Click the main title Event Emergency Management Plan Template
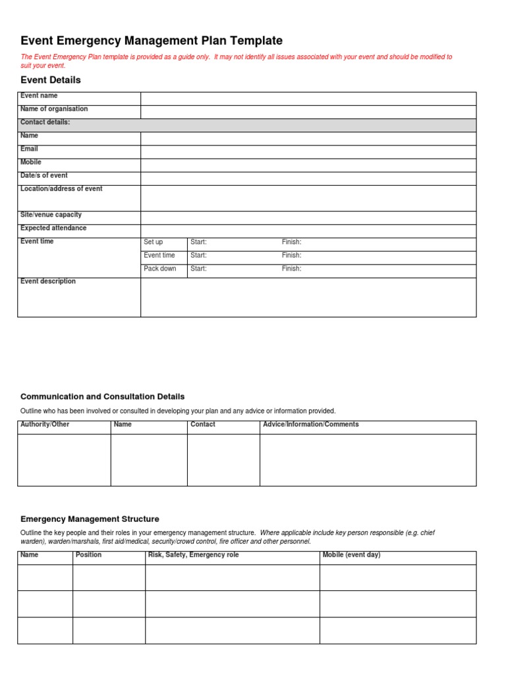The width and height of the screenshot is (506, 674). point(152,41)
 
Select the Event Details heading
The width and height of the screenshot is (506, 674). point(51,80)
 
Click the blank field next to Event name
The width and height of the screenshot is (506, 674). point(308,99)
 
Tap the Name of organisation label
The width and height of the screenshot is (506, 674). point(54,109)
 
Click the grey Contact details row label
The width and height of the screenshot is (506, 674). point(45,122)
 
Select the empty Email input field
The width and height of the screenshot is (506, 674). point(308,152)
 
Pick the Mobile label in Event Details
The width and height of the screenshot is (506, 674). point(31,162)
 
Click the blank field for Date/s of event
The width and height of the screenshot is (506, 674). point(308,178)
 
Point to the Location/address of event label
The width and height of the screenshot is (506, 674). point(61,189)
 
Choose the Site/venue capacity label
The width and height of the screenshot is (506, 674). point(51,215)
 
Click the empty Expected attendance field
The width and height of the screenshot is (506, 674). point(308,231)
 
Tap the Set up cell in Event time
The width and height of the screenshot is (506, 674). point(154,242)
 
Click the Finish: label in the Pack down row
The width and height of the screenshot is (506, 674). point(291,269)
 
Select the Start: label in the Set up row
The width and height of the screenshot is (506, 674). point(198,242)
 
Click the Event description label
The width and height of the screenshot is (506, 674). point(48,282)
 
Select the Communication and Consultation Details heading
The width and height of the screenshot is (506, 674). point(103,396)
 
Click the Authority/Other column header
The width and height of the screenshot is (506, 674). point(45,425)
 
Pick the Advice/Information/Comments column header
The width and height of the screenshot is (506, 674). point(311,425)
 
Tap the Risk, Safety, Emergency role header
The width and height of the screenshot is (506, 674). point(194,555)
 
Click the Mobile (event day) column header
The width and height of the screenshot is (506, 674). point(351,555)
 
